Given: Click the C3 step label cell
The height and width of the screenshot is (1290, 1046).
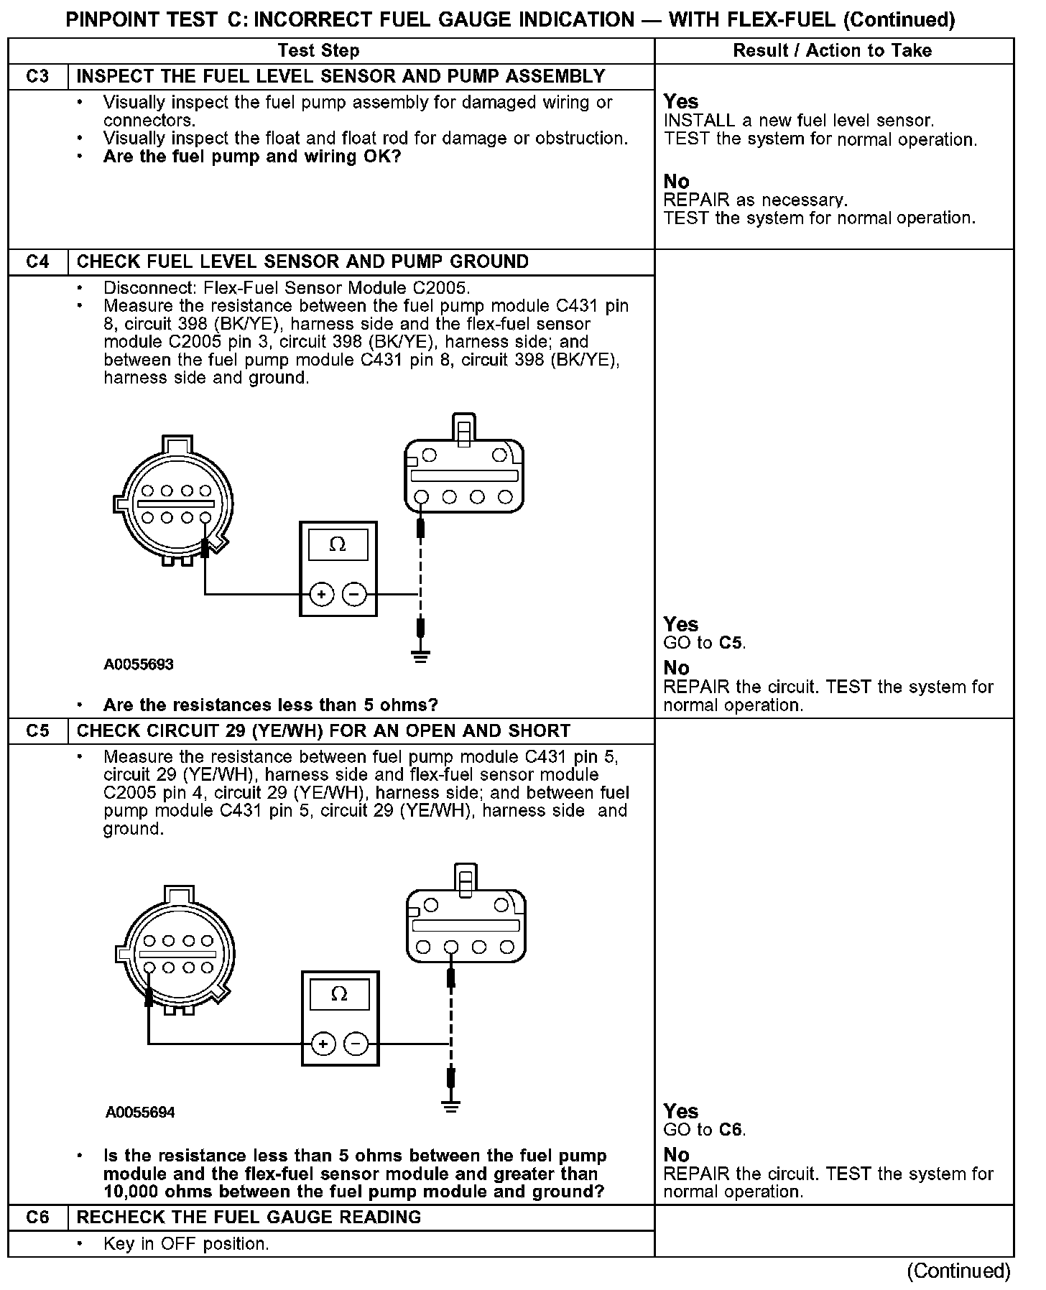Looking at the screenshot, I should [x=37, y=77].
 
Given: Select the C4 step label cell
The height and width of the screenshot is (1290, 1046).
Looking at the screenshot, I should [x=37, y=261].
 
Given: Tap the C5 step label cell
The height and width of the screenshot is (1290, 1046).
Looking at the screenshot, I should [x=37, y=730].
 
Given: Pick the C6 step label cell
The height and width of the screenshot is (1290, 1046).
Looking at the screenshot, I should [x=37, y=1217].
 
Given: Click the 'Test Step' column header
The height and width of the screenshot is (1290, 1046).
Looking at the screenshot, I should [x=318, y=50].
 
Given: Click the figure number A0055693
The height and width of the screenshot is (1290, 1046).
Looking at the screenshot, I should [x=139, y=664].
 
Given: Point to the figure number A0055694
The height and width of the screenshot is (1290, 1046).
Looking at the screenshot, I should [x=140, y=1113].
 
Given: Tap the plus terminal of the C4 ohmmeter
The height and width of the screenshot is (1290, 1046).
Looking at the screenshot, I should [x=322, y=594].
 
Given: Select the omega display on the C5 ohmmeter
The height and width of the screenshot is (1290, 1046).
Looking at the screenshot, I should [x=340, y=995].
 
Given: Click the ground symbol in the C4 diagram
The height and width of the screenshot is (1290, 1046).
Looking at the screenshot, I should [x=421, y=656].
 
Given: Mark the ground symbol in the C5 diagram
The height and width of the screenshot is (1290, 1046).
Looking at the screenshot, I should [x=451, y=1106].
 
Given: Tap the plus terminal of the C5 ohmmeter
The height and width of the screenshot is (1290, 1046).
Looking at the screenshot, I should [x=323, y=1044].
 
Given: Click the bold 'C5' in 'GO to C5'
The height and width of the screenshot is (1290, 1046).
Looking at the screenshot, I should [x=731, y=643].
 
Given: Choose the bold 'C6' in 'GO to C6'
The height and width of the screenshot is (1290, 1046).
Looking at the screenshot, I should [x=731, y=1130].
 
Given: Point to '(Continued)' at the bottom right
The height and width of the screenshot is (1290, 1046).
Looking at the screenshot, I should [x=959, y=1271].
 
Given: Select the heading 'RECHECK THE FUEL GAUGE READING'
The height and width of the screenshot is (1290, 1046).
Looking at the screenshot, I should [x=249, y=1217].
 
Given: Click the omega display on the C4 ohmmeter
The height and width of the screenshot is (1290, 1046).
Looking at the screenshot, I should [x=338, y=545].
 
